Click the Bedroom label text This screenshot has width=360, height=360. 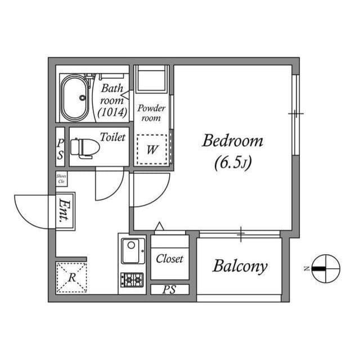232,141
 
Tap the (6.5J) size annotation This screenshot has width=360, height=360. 232,163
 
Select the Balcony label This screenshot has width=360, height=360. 239,266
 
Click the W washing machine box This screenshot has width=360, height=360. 152,149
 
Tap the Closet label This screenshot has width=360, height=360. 169,259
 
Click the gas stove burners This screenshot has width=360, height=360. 133,278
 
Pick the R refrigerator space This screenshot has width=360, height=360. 71,277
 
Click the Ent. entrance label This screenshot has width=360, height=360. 66,212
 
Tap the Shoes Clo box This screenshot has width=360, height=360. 61,179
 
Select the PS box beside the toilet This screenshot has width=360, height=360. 60,147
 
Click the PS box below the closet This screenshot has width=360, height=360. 169,290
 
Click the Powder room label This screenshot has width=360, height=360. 151,112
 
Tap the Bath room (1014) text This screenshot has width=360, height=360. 112,100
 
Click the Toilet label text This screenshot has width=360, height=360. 112,137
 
